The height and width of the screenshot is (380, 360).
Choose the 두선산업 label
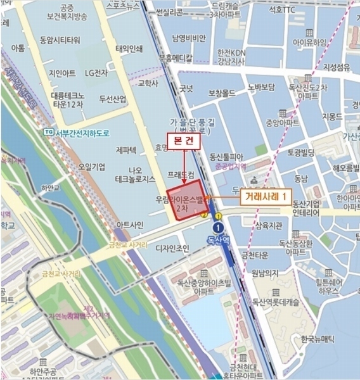112,99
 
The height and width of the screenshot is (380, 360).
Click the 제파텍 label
126,150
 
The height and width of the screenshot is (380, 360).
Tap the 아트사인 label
131,225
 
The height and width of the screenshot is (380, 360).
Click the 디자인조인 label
172,248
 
